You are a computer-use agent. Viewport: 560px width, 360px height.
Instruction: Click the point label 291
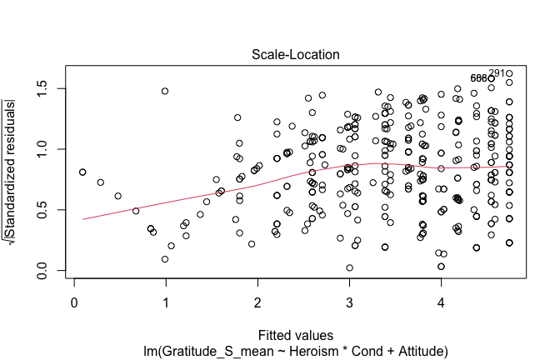tap(497, 73)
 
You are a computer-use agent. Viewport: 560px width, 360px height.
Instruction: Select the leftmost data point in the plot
tap(82, 172)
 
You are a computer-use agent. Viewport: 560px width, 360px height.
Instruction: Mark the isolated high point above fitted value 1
tap(165, 91)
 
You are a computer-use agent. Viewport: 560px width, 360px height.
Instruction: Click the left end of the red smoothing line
tap(83, 219)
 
